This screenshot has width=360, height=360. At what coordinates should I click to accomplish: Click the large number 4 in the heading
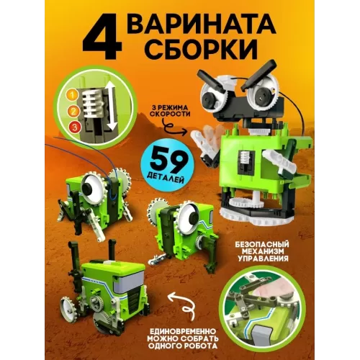pyautogui.click(x=102, y=37)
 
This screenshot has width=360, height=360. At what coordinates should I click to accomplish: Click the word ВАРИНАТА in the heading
pyautogui.click(x=202, y=26)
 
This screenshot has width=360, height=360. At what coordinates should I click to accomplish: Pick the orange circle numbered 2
pyautogui.click(x=72, y=111)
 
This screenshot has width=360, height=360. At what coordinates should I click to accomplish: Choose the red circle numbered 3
pyautogui.click(x=75, y=127)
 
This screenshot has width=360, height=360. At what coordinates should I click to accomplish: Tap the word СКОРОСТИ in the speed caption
pyautogui.click(x=170, y=114)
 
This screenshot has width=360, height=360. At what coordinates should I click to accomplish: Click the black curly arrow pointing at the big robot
pyautogui.click(x=174, y=128)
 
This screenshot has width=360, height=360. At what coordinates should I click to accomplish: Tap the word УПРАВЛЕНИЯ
pyautogui.click(x=264, y=259)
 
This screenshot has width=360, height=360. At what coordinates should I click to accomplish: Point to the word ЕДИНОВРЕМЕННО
pyautogui.click(x=182, y=332)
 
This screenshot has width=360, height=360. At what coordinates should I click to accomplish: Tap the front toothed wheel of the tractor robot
pyautogui.click(x=68, y=305)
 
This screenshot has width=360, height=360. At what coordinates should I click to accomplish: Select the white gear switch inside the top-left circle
pyautogui.click(x=92, y=104)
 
